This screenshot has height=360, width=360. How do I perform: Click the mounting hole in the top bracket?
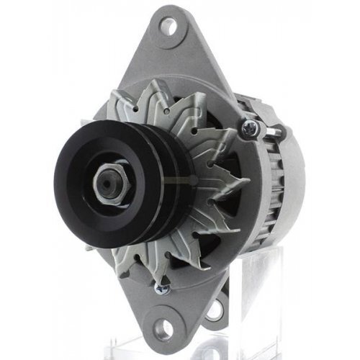pos(168,28)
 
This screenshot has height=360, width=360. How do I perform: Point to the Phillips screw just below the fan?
pos(160,289)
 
